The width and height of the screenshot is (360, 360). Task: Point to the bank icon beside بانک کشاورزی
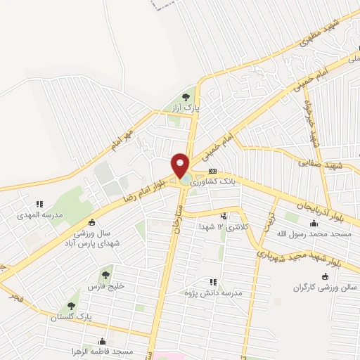[x=212, y=172]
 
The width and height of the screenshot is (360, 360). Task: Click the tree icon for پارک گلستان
[x=70, y=307]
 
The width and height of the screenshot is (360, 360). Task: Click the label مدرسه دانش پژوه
[x=209, y=292]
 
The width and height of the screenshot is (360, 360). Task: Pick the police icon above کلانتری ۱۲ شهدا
[x=224, y=216]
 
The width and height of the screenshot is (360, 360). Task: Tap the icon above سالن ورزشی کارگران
[x=323, y=276]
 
